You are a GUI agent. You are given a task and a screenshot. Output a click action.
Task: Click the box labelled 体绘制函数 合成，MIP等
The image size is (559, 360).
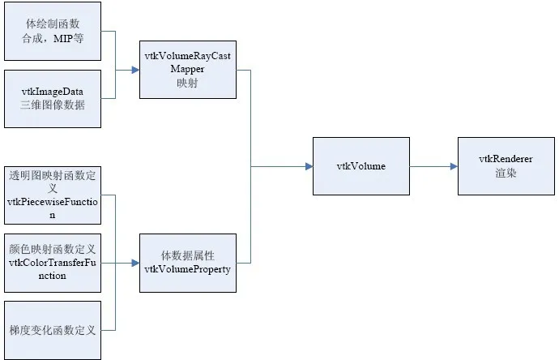pyautogui.click(x=53, y=32)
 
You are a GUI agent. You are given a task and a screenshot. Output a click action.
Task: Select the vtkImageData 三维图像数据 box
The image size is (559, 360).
pyautogui.click(x=53, y=98)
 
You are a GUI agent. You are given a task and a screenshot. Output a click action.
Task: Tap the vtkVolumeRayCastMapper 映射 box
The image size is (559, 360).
pyautogui.click(x=188, y=71)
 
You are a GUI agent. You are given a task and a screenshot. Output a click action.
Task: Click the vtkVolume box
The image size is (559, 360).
pyautogui.click(x=361, y=166)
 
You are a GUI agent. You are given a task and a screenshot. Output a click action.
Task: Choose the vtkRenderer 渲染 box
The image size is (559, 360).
pyautogui.click(x=506, y=166)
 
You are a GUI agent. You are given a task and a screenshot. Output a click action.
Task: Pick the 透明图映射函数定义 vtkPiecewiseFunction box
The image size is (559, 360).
pyautogui.click(x=53, y=194)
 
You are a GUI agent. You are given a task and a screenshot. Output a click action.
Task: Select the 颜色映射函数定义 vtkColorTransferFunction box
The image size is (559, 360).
pyautogui.click(x=53, y=262)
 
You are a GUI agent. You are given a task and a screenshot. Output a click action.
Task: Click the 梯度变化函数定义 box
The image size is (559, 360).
pyautogui.click(x=53, y=329)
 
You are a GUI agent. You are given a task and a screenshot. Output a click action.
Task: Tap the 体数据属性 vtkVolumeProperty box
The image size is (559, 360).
pyautogui.click(x=188, y=262)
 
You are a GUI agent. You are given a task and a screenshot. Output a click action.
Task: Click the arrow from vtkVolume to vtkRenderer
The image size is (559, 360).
pyautogui.click(x=433, y=166)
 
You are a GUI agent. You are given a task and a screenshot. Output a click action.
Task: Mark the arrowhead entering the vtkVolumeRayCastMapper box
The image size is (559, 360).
pyautogui.click(x=135, y=71)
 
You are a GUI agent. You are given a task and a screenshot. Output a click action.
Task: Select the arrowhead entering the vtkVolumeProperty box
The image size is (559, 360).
pyautogui.click(x=135, y=262)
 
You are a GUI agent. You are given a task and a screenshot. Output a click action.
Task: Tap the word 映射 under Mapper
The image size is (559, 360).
pyautogui.click(x=188, y=83)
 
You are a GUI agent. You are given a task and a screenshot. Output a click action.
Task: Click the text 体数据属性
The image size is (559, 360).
pyautogui.click(x=188, y=255)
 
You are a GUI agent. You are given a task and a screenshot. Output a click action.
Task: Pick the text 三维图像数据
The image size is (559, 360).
pyautogui.click(x=53, y=105)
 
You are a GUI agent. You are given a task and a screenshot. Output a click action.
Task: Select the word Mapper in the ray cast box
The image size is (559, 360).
pyautogui.click(x=188, y=71)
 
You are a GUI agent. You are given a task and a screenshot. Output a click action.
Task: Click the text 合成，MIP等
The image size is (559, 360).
pyautogui.click(x=53, y=38)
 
